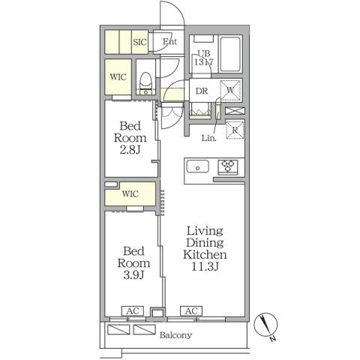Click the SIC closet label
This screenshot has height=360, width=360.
[x=139, y=42]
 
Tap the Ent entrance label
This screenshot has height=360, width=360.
[x=169, y=41]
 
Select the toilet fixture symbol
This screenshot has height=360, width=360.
[x=145, y=83]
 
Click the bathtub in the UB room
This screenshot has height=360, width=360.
[x=230, y=54]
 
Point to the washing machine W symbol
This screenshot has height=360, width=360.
[x=230, y=90]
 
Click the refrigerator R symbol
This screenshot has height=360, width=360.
[x=235, y=130]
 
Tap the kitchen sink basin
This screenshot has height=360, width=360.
[x=198, y=166]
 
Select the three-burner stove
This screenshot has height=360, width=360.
[x=228, y=166]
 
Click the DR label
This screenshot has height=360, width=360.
[x=202, y=91]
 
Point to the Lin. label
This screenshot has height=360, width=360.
[x=209, y=138]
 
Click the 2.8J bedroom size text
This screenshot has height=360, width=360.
[x=130, y=150]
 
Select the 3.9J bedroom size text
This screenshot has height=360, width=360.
[x=133, y=275]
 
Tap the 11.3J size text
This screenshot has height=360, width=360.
[x=205, y=266]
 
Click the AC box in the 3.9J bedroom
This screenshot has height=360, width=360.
[x=133, y=311]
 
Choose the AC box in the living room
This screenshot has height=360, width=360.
[x=191, y=311]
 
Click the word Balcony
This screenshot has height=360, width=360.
[x=175, y=335]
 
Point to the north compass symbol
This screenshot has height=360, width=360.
[x=265, y=325]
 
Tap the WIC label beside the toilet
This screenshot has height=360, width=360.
[x=118, y=76]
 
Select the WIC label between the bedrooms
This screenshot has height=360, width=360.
[x=130, y=193]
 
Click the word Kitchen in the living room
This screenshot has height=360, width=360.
[x=205, y=254]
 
